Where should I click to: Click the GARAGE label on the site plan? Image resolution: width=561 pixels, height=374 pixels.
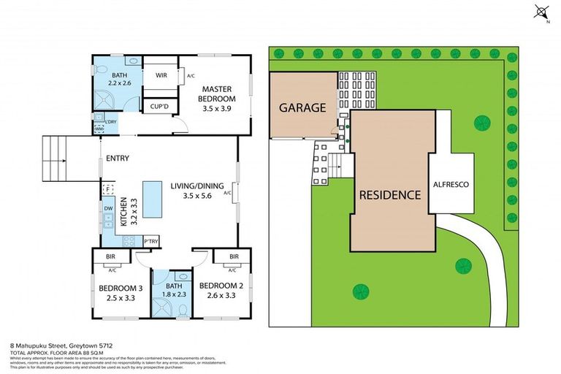302,107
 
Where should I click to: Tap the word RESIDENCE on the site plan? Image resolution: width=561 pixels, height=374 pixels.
389,195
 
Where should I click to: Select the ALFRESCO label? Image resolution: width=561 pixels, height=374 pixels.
450,185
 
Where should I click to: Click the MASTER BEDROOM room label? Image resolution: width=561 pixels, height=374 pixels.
218,93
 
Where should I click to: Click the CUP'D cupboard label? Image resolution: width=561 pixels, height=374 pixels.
160,107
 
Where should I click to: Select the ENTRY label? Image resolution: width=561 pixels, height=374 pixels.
118,159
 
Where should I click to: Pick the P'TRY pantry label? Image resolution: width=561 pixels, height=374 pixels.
152,241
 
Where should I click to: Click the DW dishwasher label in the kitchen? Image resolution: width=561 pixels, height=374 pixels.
108,208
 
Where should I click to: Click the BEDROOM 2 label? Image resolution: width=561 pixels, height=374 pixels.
219,286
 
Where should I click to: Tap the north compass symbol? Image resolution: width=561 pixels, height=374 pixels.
541,12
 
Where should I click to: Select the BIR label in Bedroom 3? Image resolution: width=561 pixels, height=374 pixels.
111,257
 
